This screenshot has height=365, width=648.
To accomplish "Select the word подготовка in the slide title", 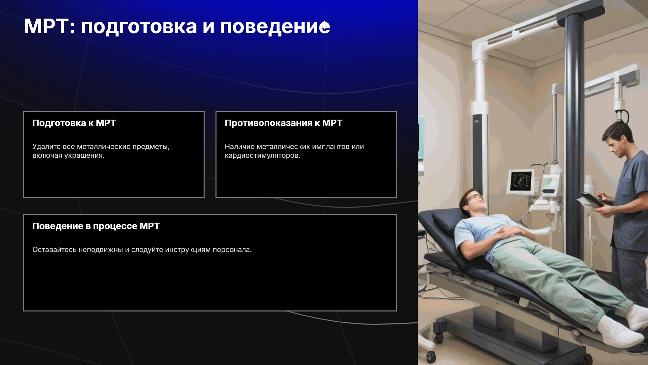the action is click(x=139, y=27).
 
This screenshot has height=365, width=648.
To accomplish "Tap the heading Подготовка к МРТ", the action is click(x=74, y=123).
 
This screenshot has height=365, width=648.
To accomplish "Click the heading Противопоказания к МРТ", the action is click(x=283, y=123).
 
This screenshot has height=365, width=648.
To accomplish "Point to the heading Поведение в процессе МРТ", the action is click(x=96, y=226).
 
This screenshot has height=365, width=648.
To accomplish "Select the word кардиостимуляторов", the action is click(x=262, y=156).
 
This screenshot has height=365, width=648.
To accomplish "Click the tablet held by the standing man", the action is click(x=592, y=199).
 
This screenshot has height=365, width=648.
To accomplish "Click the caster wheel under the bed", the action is click(x=431, y=356).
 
